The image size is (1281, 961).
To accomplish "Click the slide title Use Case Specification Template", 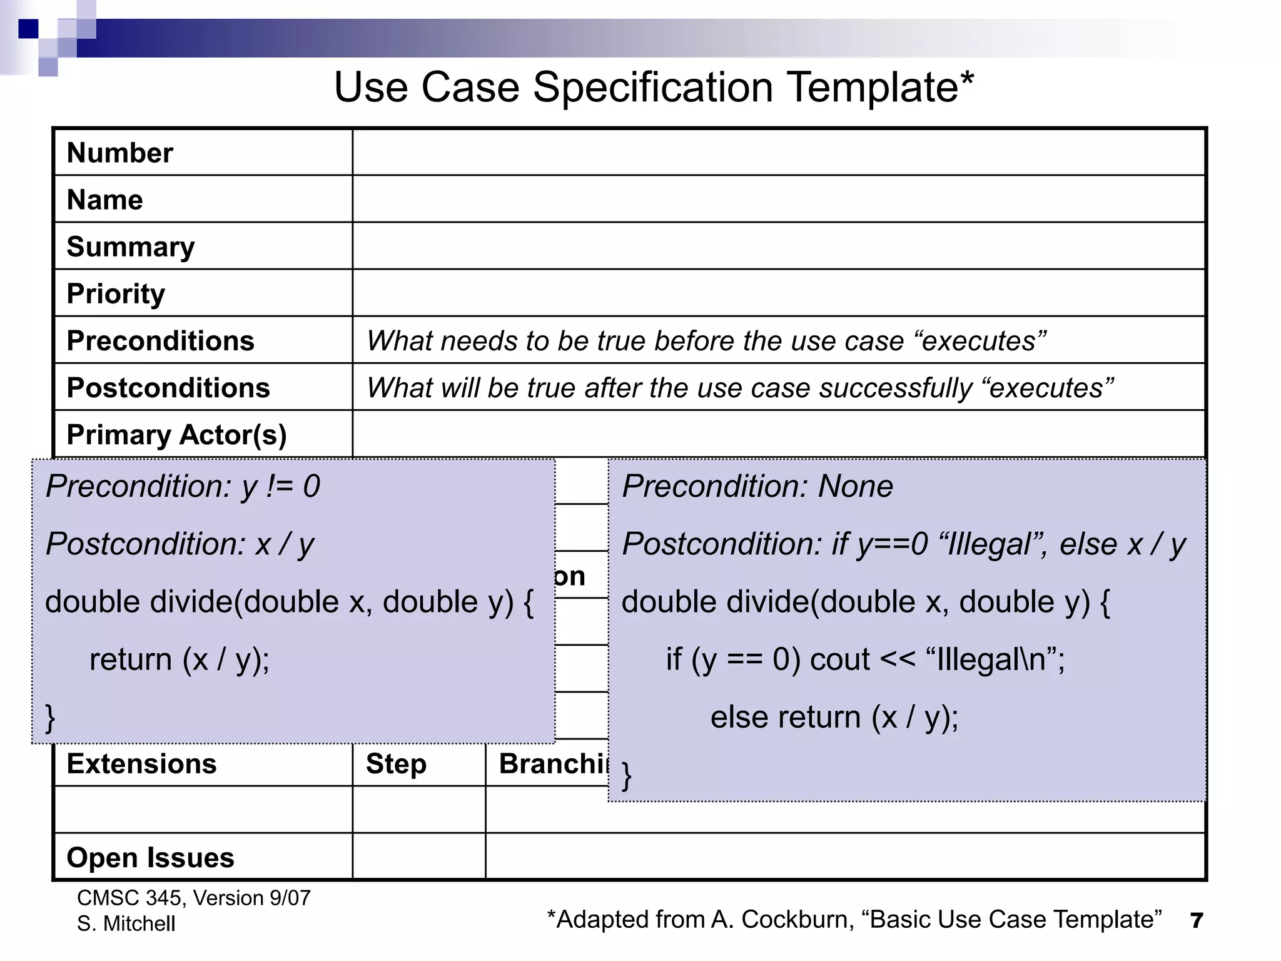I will (x=654, y=87).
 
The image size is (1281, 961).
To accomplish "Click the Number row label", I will (x=119, y=153).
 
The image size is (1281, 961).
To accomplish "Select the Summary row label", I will (x=131, y=247).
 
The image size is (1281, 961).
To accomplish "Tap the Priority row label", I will (x=116, y=293).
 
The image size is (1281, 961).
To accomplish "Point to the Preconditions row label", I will (x=160, y=341).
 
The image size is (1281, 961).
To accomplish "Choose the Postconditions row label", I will (x=168, y=388).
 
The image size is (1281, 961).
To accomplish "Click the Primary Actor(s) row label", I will (x=176, y=435).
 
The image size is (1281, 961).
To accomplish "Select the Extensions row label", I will (x=141, y=764).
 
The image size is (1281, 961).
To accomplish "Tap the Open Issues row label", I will (x=150, y=858).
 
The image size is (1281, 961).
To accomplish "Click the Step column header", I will (x=396, y=764).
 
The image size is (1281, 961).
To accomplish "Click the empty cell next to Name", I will (x=778, y=199).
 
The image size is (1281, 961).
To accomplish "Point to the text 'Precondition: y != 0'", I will (x=183, y=487).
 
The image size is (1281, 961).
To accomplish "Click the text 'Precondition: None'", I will (x=757, y=487).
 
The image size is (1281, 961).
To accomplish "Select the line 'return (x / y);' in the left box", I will (x=180, y=660).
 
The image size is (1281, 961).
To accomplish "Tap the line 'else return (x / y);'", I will (x=834, y=718).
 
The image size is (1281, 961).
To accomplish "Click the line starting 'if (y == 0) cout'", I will (x=865, y=660).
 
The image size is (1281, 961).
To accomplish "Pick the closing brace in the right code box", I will (x=626, y=776).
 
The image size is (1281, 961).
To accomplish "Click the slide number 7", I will (x=1196, y=921).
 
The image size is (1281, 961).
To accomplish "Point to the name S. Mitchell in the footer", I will (x=126, y=924).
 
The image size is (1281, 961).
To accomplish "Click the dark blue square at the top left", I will (x=28, y=29).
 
